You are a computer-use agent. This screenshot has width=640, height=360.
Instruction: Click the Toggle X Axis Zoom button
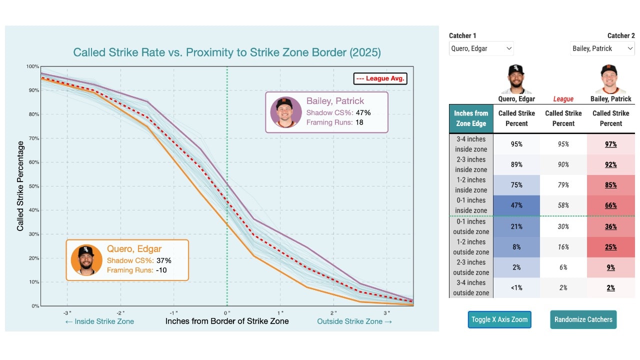click(499, 319)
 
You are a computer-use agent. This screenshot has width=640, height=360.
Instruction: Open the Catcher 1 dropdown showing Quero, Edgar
click(481, 48)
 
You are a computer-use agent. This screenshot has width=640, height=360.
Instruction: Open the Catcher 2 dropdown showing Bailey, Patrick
click(602, 48)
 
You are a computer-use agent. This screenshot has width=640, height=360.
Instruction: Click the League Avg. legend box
click(379, 78)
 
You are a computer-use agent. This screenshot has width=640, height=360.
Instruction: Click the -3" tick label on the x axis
click(67, 312)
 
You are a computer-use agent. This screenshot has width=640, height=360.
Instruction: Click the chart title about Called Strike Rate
click(226, 52)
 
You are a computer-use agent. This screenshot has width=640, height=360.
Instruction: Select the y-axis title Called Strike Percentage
click(20, 186)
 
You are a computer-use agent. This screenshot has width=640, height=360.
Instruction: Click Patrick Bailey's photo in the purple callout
click(285, 112)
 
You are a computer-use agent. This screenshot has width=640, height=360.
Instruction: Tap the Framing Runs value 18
click(359, 122)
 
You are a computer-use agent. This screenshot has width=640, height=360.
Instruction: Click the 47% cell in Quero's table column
click(516, 205)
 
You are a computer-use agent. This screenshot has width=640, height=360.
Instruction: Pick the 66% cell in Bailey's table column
click(610, 205)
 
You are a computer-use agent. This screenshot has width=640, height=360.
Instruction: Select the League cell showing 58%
click(563, 205)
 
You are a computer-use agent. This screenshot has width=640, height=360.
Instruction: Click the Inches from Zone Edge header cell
click(471, 118)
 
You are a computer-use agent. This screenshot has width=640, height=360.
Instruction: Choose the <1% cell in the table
click(516, 287)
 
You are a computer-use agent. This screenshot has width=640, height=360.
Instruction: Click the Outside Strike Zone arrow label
click(354, 321)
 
